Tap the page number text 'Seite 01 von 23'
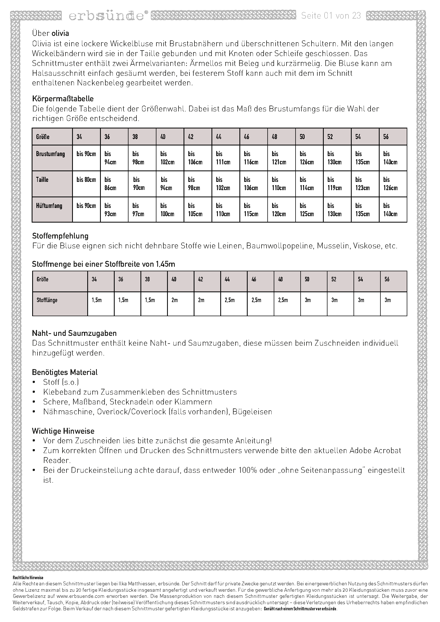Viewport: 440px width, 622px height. coord(331,16)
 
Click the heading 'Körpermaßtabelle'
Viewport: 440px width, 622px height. coord(63,99)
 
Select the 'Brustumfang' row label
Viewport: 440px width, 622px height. coord(51,154)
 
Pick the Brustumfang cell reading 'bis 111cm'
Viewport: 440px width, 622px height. coord(223,158)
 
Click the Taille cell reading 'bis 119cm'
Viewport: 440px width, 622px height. coord(335,184)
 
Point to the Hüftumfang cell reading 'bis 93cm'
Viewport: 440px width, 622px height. coord(110,210)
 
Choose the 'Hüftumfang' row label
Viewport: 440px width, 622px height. coord(49,206)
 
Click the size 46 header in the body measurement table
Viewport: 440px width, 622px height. coord(247,137)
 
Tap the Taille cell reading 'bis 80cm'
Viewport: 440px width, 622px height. coord(86,180)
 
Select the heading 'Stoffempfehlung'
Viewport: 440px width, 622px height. coord(60,236)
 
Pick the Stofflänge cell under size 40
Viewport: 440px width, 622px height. coord(175,300)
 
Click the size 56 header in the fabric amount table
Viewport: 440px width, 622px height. coord(387,279)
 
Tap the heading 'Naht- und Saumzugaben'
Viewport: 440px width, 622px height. coord(74,333)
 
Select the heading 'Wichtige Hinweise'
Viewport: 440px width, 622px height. coord(63,431)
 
